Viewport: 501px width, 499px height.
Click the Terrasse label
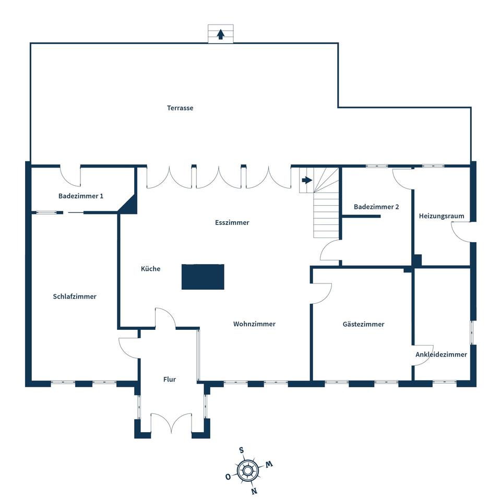pos(180,108)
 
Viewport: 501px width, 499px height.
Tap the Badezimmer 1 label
pos(81,196)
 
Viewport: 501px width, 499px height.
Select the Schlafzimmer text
pos(75,296)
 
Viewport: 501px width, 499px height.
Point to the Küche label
pos(150,268)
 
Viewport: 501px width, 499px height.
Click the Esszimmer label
pos(232,222)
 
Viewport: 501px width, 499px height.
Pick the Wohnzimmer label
pos(254,324)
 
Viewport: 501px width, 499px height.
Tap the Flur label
pos(169,379)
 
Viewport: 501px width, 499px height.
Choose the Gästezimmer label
pos(363,324)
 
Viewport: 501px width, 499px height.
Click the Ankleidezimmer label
pos(442,354)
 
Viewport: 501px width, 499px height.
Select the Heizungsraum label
pos(442,216)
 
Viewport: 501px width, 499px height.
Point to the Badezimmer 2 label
pos(376,207)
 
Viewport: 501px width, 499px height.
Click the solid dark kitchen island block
pos(203,277)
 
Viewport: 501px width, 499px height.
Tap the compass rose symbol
pos(247,470)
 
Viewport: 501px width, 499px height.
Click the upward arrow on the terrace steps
pos(220,34)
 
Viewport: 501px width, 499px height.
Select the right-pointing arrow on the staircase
pos(307,180)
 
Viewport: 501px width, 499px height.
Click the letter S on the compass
pos(242,450)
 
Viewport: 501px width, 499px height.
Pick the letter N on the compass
pos(254,491)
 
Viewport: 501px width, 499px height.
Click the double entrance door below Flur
pos(171,423)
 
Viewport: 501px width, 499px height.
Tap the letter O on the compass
pos(228,477)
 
